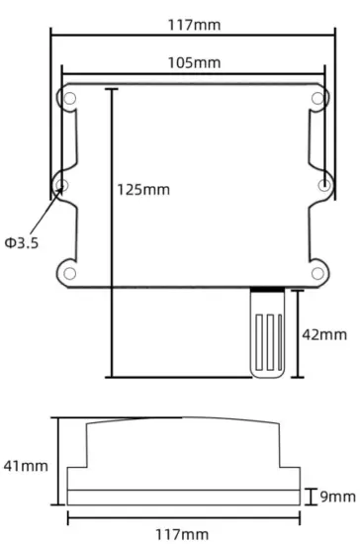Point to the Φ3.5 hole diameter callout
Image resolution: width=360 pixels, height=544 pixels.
pyautogui.click(x=21, y=242)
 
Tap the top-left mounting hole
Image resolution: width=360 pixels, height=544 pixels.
pyautogui.click(x=71, y=97)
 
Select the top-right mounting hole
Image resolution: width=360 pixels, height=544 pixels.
pyautogui.click(x=317, y=97)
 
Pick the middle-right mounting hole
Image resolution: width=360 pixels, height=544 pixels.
pyautogui.click(x=325, y=185)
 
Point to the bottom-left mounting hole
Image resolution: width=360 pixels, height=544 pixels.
pyautogui.click(x=71, y=272)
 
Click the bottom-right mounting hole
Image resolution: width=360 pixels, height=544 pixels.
pyautogui.click(x=317, y=272)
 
